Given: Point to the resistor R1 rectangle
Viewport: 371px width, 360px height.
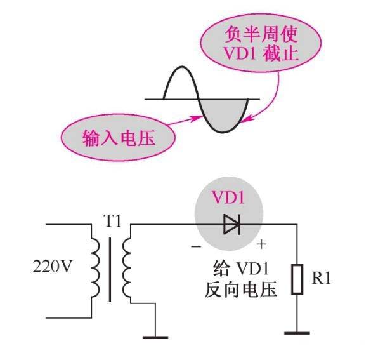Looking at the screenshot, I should click(x=297, y=279).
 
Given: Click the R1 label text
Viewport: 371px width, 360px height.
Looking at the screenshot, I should click(x=323, y=279).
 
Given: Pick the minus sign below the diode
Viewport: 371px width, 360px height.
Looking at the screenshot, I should click(x=196, y=245).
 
